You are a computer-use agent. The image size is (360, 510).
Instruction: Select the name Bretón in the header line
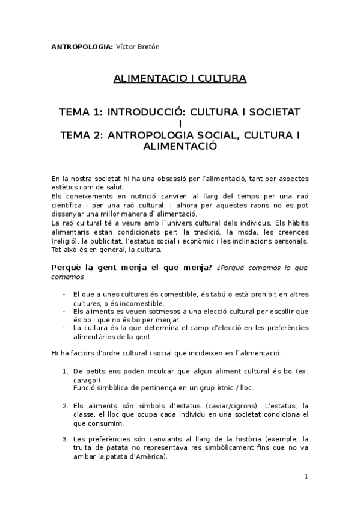pyautogui.click(x=147, y=46)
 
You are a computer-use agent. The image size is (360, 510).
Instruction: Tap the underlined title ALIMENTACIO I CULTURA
pyautogui.click(x=180, y=78)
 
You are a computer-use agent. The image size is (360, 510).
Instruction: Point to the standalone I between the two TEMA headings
pyautogui.click(x=180, y=124)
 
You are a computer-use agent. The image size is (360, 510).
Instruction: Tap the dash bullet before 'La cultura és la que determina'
pyautogui.click(x=64, y=328)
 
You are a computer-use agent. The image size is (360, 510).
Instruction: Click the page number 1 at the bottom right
pyautogui.click(x=306, y=477)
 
